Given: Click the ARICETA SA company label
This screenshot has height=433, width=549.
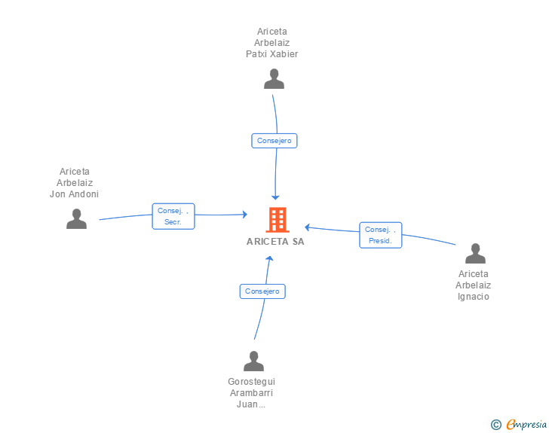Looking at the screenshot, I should tap(275, 242).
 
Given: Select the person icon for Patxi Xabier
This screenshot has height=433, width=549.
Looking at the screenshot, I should tap(274, 79).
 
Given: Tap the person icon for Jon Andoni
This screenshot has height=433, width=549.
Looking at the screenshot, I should tap(76, 219).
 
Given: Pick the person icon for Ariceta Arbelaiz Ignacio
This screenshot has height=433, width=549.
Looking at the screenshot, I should tap(474, 254).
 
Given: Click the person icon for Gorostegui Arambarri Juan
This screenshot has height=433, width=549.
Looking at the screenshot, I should tap(253, 361).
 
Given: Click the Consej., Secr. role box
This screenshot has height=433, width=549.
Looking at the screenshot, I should tap(173, 216).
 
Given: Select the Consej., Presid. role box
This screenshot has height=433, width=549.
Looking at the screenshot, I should tap(380, 235).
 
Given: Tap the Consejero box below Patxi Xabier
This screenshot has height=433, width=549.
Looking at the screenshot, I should tap(274, 141).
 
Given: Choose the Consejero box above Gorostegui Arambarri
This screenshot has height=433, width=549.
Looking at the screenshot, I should tap(262, 291).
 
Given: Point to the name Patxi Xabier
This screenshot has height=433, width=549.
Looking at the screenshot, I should tap(272, 54).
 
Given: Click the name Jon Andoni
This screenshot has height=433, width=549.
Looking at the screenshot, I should tap(74, 194).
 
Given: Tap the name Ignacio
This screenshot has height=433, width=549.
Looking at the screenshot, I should tap(473, 296).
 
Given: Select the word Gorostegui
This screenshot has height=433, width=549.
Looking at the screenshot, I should tap(251, 382).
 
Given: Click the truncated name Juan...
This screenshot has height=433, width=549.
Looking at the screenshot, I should tap(251, 404).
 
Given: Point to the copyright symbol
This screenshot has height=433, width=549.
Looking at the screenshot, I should tap(495, 425).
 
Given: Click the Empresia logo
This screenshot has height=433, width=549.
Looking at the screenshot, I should tap(526, 425).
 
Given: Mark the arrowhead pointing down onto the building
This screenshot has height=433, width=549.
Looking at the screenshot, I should tap(276, 197).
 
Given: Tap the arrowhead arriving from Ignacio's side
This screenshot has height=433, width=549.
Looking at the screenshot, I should tap(308, 226).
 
